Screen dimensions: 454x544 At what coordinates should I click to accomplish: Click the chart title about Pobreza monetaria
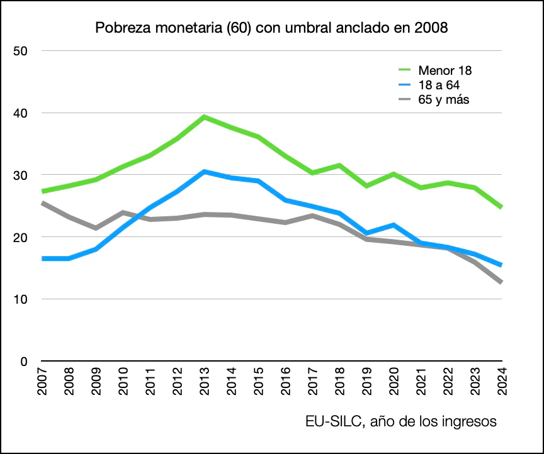[272, 28]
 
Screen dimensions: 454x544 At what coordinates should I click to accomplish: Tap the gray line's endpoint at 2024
[501, 282]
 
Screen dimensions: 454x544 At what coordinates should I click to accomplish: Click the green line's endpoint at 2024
[501, 207]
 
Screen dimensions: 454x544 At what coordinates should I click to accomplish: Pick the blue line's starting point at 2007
[43, 258]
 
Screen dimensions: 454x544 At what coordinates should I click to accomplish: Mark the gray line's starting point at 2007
[43, 203]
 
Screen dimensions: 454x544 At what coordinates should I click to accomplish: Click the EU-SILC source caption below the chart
[402, 421]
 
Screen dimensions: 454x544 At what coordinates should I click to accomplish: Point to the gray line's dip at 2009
[96, 228]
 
